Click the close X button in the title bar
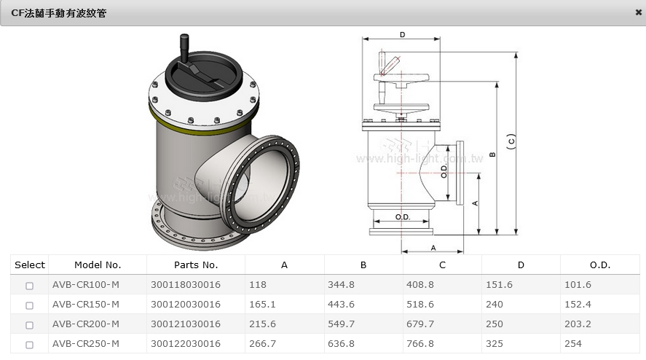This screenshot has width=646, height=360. coord(638,12)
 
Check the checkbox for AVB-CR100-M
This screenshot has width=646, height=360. coord(29,286)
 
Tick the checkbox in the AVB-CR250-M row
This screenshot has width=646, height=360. coord(29,344)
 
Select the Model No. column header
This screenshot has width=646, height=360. coord(98,265)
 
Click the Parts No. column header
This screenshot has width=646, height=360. coord(196,265)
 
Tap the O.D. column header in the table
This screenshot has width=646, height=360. coord(600,265)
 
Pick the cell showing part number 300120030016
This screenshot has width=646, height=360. coord(186,305)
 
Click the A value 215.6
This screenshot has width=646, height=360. coord(262,324)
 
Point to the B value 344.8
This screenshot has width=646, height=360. coord(341,284)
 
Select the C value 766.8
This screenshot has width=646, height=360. coord(419,343)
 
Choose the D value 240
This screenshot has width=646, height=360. coord(495,305)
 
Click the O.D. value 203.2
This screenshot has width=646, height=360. coord(578,324)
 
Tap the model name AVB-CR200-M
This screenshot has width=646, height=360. coord(86,324)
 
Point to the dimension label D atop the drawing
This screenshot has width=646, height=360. coord(403,35)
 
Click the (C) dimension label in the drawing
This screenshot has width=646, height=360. coord(511,141)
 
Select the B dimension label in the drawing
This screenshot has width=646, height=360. coord(492,154)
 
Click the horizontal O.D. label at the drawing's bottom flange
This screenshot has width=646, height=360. coord(403,217)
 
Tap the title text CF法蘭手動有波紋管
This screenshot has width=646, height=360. coord(58,13)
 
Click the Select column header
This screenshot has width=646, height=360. coord(30,265)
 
